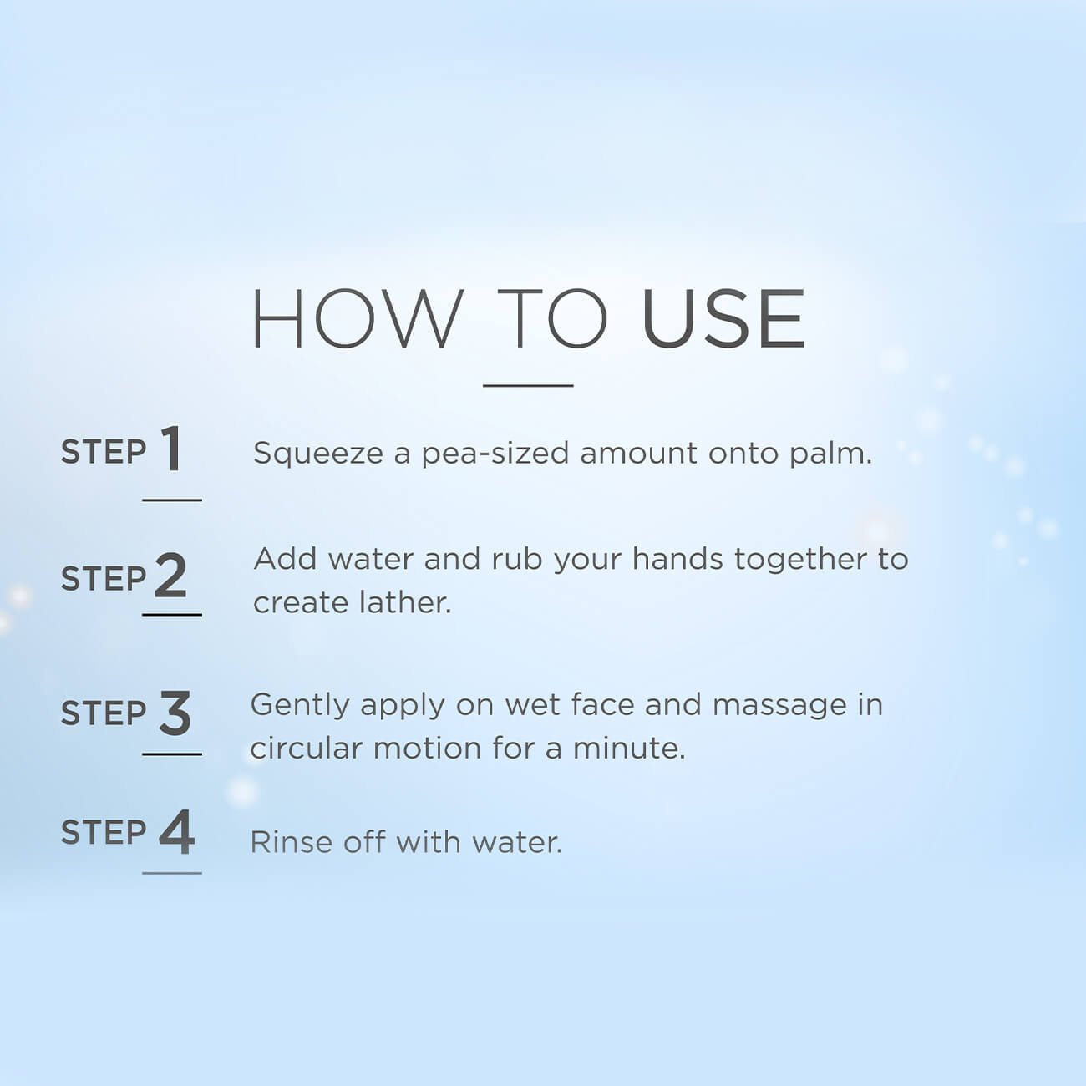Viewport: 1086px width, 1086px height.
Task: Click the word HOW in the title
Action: coord(358,318)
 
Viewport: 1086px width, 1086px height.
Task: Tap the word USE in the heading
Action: coord(723,318)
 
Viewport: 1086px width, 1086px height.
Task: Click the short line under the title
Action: coord(528,385)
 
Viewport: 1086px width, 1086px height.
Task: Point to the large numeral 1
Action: coord(171,449)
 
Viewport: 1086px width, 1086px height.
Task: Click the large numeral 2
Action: coord(170,575)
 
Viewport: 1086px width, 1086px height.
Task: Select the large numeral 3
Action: coord(175,713)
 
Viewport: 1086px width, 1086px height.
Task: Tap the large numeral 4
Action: coord(176,832)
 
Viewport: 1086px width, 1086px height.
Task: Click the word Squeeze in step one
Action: coord(318,454)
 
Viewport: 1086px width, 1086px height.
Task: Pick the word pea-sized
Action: coord(495,454)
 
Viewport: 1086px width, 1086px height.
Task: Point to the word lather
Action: coord(405,602)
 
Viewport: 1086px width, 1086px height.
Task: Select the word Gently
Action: coord(300,707)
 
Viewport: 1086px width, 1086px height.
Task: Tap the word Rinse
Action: coord(287,843)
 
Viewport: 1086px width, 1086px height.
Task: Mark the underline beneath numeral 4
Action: coord(172,873)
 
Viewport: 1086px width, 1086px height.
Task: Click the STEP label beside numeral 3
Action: coord(103,713)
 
